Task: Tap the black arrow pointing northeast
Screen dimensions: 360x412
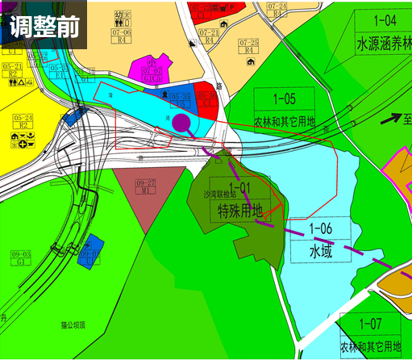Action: click(391, 118)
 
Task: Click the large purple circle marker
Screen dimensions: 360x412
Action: click(182, 123)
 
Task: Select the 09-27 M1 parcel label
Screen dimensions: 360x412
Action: click(146, 186)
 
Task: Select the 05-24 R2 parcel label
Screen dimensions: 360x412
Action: click(22, 121)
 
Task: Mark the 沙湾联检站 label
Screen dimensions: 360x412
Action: click(220, 195)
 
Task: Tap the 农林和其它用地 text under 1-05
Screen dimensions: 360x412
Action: click(284, 121)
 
